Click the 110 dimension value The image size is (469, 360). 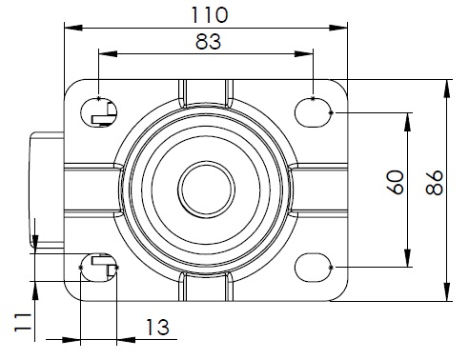(210, 15)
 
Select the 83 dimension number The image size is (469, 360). (208, 42)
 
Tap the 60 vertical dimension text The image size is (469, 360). (396, 182)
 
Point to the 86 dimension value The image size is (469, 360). (435, 183)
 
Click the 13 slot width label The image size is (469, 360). (157, 328)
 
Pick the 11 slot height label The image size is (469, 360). (23, 323)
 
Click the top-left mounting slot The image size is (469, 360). (99, 112)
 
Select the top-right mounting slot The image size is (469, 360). (314, 112)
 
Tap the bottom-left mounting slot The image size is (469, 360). (99, 268)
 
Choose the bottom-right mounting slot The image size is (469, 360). (314, 268)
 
